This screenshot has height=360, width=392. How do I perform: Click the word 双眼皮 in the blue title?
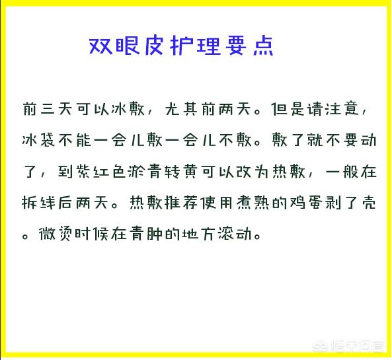point(126,46)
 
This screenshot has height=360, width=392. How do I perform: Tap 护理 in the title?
point(196,46)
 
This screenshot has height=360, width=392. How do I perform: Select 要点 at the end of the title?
point(249,46)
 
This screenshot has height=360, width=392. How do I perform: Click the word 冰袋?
point(38,140)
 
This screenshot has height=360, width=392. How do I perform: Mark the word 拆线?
point(38,203)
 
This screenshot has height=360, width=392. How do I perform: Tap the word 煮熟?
point(253,203)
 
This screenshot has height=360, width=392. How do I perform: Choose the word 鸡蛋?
point(306,203)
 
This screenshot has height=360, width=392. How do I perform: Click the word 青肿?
point(145,234)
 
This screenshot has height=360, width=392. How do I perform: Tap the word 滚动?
point(234,234)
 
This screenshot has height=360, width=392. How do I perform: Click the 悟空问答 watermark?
point(350,346)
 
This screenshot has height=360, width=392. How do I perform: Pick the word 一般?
point(342,172)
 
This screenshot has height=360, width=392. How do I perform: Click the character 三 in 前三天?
point(48,109)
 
